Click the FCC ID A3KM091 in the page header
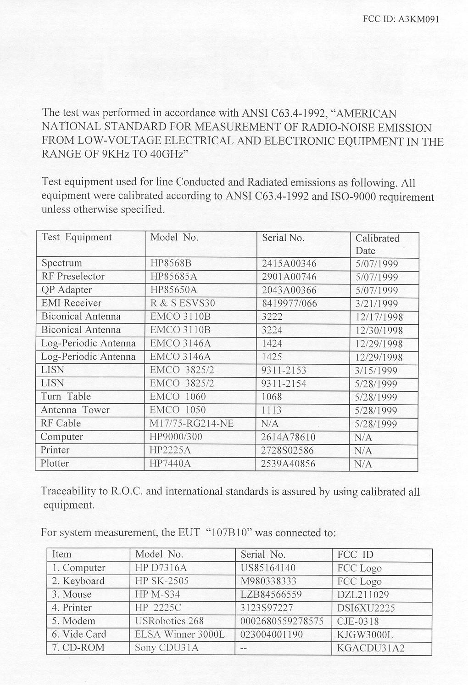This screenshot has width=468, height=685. click(401, 19)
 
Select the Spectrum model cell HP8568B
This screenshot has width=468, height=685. click(170, 263)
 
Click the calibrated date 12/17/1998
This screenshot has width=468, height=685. click(379, 317)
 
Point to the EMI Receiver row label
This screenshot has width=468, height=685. click(71, 303)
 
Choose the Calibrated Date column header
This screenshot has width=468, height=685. click(377, 244)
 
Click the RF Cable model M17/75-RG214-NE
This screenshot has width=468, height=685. click(191, 423)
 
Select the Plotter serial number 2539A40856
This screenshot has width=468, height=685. click(288, 464)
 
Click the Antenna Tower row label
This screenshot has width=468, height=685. click(75, 410)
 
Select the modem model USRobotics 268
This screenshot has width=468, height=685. click(169, 621)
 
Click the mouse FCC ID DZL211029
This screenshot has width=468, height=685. click(362, 594)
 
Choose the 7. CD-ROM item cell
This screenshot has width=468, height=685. click(78, 648)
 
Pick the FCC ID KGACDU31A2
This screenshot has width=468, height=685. click(370, 648)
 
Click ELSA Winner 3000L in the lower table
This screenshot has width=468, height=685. click(180, 634)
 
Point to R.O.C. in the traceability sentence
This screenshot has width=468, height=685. click(128, 492)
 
